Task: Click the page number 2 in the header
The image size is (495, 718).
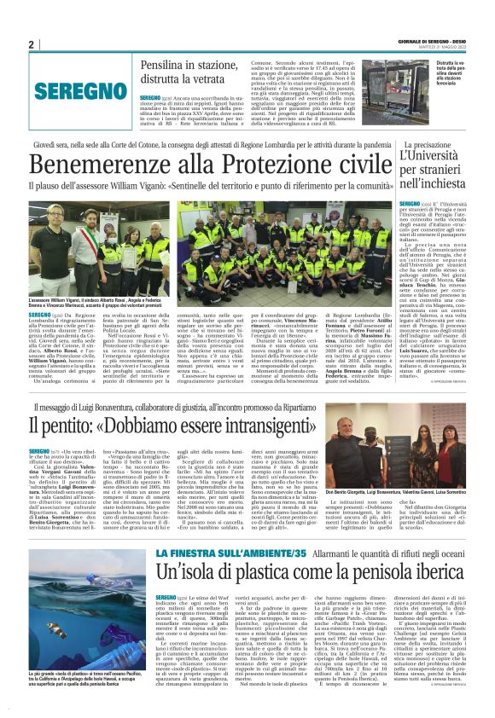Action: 31,44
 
